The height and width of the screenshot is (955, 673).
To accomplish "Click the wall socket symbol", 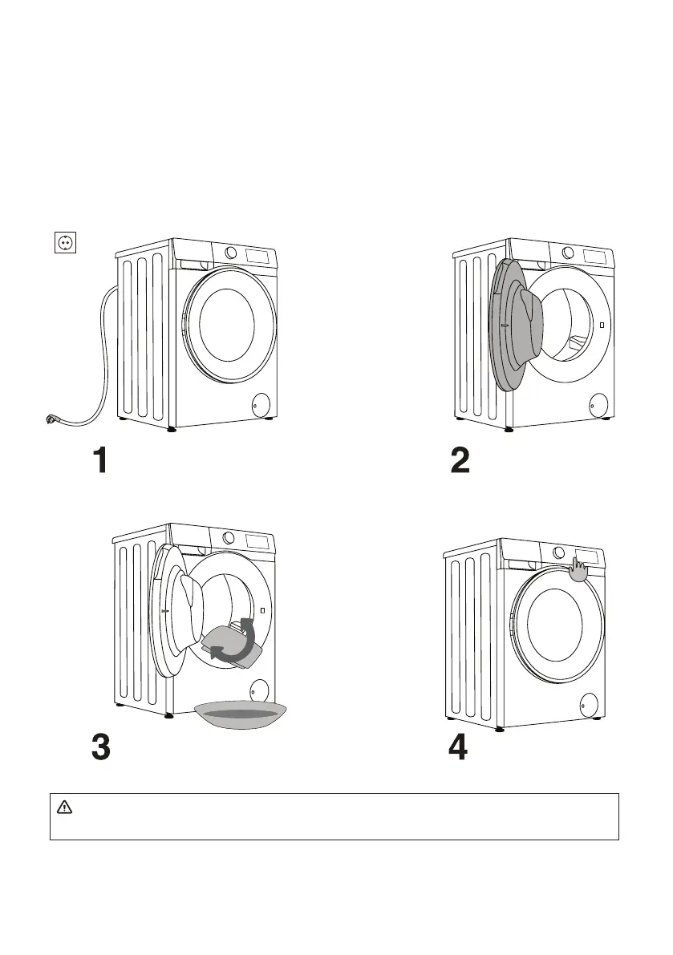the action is pyautogui.click(x=65, y=242).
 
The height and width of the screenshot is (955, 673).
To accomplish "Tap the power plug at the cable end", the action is pyautogui.click(x=51, y=419).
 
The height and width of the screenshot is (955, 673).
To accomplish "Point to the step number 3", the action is pyautogui.click(x=101, y=747).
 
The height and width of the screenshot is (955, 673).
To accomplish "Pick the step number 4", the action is pyautogui.click(x=458, y=747).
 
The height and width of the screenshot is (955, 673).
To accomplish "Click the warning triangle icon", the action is pyautogui.click(x=64, y=807).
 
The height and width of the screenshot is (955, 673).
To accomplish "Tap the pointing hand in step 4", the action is pyautogui.click(x=578, y=569).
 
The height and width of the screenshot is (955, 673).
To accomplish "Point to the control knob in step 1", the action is pyautogui.click(x=231, y=252).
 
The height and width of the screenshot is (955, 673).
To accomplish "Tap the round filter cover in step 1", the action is pyautogui.click(x=261, y=403).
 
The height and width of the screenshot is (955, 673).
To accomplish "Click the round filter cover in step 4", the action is pyautogui.click(x=588, y=704).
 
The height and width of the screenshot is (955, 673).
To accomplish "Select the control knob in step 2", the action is pyautogui.click(x=568, y=252).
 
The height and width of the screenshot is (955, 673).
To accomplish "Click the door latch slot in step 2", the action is pyautogui.click(x=602, y=326).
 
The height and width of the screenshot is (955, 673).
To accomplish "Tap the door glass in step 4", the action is pyautogui.click(x=554, y=625).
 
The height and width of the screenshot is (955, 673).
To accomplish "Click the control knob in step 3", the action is pyautogui.click(x=229, y=537).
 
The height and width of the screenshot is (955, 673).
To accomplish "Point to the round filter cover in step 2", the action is pyautogui.click(x=598, y=403).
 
